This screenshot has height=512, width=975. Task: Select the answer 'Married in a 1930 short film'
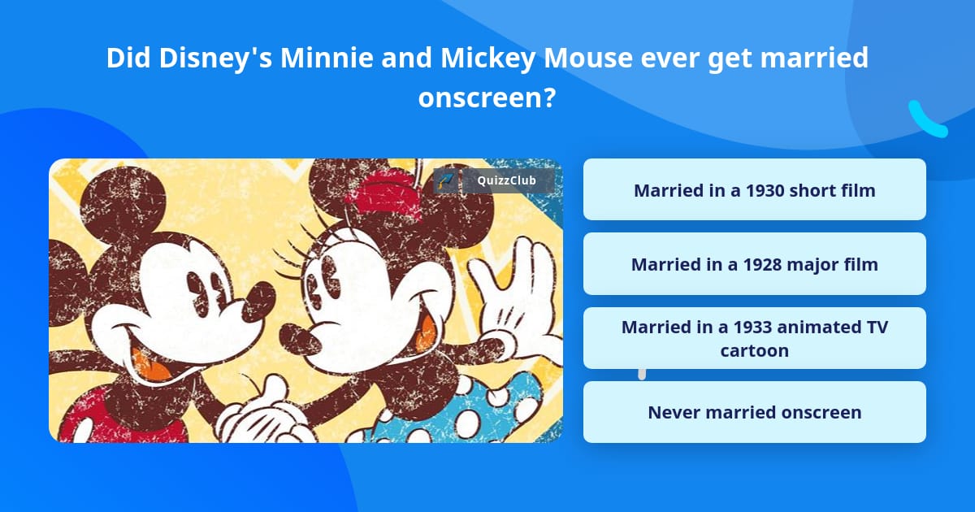[754, 190]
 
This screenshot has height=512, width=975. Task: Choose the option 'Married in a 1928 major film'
[754, 264]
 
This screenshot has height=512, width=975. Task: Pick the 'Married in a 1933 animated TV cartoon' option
[754, 338]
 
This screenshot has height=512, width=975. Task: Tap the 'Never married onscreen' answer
[754, 412]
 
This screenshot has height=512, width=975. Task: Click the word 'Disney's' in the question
[215, 59]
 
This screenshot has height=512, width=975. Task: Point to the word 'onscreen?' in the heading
[487, 98]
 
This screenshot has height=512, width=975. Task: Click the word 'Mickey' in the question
[488, 59]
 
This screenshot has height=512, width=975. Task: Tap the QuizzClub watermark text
[506, 180]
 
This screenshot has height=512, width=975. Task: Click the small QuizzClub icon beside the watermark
[446, 180]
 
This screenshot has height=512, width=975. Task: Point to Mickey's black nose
[259, 302]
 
